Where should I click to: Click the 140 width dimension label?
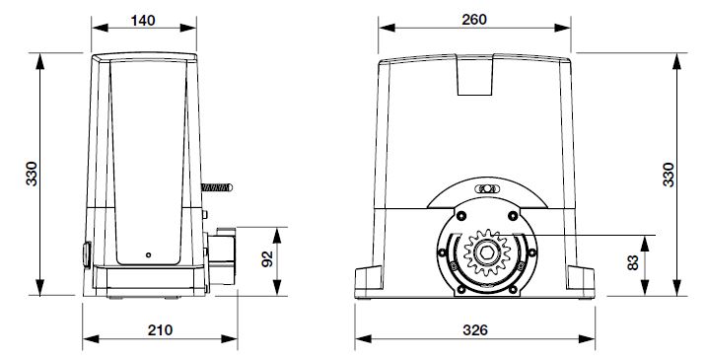143,21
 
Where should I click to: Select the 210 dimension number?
160,330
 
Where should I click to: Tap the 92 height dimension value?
267,259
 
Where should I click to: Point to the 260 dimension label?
474,20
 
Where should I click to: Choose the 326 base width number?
475,330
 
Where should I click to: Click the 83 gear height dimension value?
633,262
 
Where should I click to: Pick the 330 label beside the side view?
32,174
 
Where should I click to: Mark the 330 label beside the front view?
669,175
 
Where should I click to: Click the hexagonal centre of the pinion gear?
487,253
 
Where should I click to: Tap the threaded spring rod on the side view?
217,187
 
